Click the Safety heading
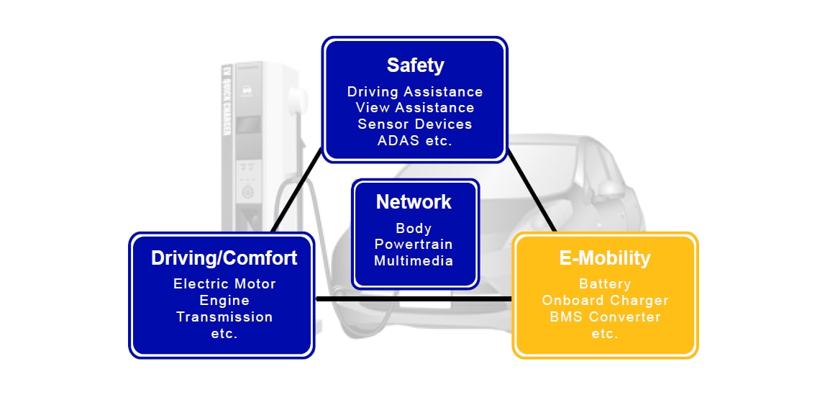[415, 65]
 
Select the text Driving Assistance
[415, 91]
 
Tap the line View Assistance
[415, 107]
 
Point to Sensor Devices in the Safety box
[415, 124]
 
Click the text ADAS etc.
[415, 140]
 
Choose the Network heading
[414, 202]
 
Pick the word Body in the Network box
[414, 229]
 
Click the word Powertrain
[414, 245]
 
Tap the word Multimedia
[414, 260]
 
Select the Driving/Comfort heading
[224, 258]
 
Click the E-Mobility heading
[605, 258]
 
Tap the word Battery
[605, 284]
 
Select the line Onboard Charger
[605, 300]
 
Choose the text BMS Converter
[605, 316]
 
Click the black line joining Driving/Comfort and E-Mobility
[414, 299]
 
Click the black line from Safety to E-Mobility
[532, 191]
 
